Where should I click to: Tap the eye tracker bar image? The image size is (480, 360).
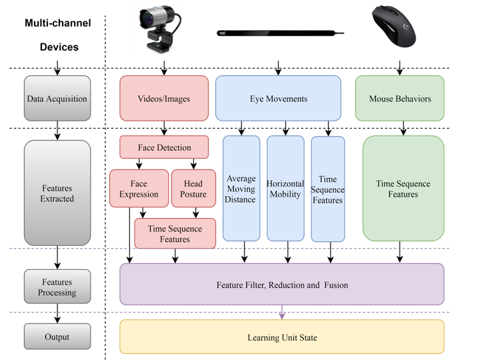click(281, 32)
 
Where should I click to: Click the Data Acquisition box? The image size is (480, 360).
click(57, 99)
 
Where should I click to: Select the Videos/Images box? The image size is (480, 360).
click(164, 99)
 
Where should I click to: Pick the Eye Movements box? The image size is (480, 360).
click(278, 99)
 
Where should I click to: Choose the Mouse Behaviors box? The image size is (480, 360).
click(399, 99)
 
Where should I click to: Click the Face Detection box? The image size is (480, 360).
click(164, 147)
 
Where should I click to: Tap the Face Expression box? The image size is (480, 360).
click(139, 189)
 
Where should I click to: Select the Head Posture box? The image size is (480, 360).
click(192, 189)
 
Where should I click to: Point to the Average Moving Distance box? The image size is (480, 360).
click(241, 189)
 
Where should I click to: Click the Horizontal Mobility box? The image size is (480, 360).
click(285, 189)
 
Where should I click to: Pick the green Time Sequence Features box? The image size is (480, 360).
click(403, 189)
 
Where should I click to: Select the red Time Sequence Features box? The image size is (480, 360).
click(175, 234)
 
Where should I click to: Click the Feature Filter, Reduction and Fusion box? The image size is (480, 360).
click(281, 285)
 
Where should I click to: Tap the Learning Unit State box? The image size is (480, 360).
click(281, 337)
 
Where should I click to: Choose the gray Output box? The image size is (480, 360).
click(57, 337)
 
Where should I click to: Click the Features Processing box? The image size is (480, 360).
click(57, 287)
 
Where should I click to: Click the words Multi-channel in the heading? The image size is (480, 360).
click(58, 23)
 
